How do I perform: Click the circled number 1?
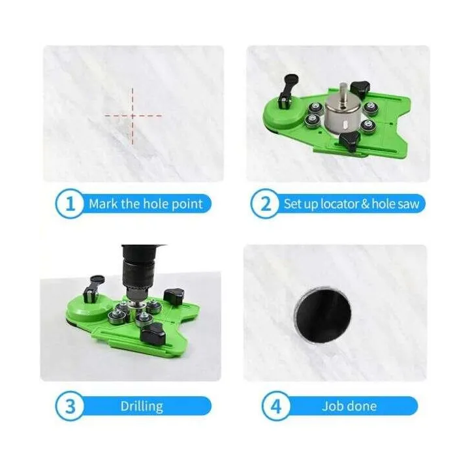point(70,204)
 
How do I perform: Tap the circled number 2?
point(265,204)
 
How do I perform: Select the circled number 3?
point(70,406)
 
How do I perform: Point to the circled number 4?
point(275,406)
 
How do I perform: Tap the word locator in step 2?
point(339,204)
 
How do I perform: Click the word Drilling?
point(142,407)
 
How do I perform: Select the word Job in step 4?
point(332,407)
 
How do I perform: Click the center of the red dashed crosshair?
point(133,116)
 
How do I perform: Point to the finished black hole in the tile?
point(323,314)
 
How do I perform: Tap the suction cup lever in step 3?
point(95,289)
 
